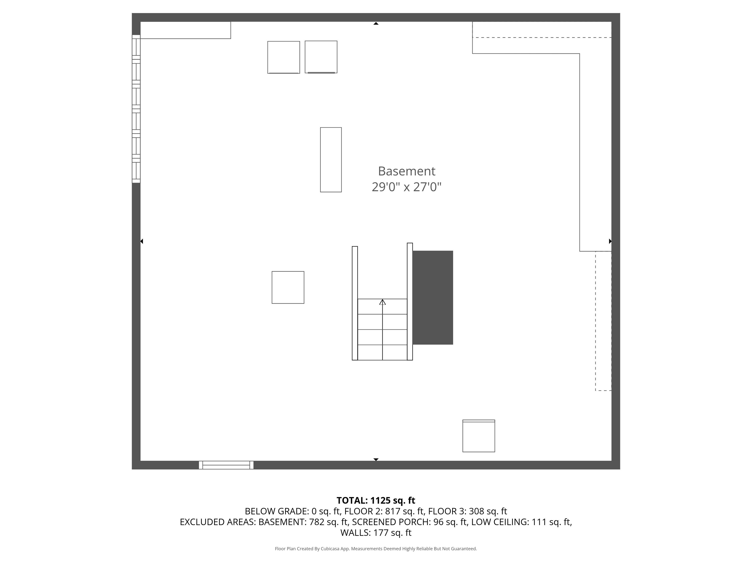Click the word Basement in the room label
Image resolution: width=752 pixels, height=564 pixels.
point(406,171)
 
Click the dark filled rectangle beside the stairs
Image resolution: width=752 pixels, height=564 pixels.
point(433,297)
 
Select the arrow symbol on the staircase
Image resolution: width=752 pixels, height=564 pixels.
point(382,302)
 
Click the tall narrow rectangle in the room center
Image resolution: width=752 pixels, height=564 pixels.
point(331,160)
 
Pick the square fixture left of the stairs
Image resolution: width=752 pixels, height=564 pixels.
point(288,287)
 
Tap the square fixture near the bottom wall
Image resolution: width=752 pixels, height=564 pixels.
point(479,436)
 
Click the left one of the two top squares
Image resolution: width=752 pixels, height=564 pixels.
point(283,57)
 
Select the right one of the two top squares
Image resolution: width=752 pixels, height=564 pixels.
point(321,57)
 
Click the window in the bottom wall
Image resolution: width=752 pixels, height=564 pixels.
point(226,465)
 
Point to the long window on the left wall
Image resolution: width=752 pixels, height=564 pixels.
point(136,109)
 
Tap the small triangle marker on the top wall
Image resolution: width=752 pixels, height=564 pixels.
point(376,23)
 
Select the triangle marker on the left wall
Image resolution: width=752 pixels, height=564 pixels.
point(142,241)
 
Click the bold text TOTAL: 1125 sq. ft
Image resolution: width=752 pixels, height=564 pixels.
point(376,500)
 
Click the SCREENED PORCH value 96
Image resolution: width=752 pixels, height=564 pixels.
point(438,522)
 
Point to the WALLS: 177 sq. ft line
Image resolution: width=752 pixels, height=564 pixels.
point(376,533)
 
